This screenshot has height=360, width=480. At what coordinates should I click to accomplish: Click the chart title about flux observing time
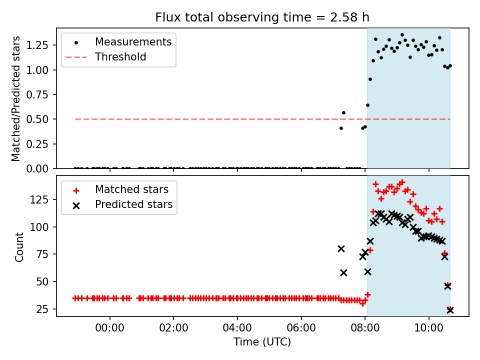pos(262,17)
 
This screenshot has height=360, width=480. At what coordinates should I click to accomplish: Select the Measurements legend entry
pos(133,42)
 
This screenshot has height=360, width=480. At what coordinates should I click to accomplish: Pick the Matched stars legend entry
pos(131,189)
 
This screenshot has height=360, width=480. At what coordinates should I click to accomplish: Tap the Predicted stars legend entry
pos(133,204)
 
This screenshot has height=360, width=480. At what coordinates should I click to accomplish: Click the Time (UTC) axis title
pos(262,342)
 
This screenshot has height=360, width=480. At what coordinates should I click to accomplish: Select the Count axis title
pos(19,246)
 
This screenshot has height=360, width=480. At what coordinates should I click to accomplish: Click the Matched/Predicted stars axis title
pos(16,98)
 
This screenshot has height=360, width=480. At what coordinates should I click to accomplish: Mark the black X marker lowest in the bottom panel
pos(450,310)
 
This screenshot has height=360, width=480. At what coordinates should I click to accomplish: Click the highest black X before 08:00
pos(341,248)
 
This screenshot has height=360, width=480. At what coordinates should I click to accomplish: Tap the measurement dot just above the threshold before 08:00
pos(343,113)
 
